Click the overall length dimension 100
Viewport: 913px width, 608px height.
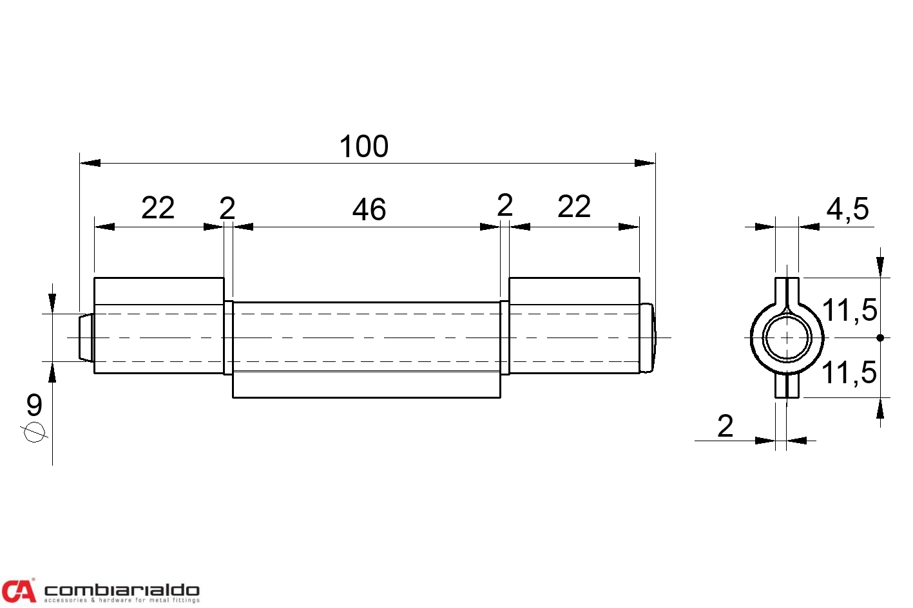pyautogui.click(x=364, y=146)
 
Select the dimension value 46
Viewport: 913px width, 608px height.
pyautogui.click(x=369, y=209)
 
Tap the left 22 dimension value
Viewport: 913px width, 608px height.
pyautogui.click(x=158, y=208)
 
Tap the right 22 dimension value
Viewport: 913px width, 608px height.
pyautogui.click(x=574, y=207)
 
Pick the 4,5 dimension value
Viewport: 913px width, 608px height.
pyautogui.click(x=848, y=209)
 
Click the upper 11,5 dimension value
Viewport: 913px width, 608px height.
pyautogui.click(x=850, y=310)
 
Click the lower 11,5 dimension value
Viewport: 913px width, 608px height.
pyautogui.click(x=850, y=372)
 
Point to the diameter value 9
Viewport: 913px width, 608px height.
pyautogui.click(x=34, y=405)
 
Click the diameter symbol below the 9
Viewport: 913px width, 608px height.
pyautogui.click(x=34, y=432)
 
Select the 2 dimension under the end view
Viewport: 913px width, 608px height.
pyautogui.click(x=725, y=426)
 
